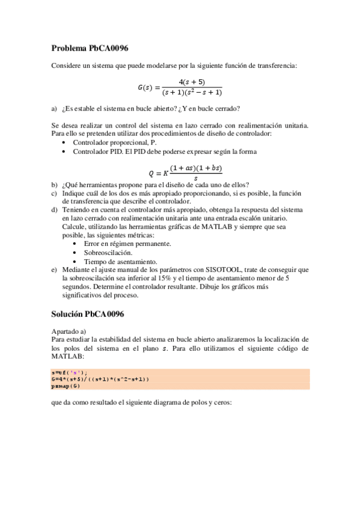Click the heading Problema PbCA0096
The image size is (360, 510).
90,48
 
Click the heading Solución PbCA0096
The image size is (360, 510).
88,315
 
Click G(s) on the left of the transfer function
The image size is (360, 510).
147,87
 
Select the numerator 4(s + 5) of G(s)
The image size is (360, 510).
192,82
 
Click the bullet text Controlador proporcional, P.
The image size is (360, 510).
114,143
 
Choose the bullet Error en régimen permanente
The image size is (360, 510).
127,244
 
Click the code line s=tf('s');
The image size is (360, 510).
69,373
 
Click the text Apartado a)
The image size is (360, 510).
69,331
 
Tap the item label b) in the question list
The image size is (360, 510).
55,184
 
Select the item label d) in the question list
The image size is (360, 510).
55,209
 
